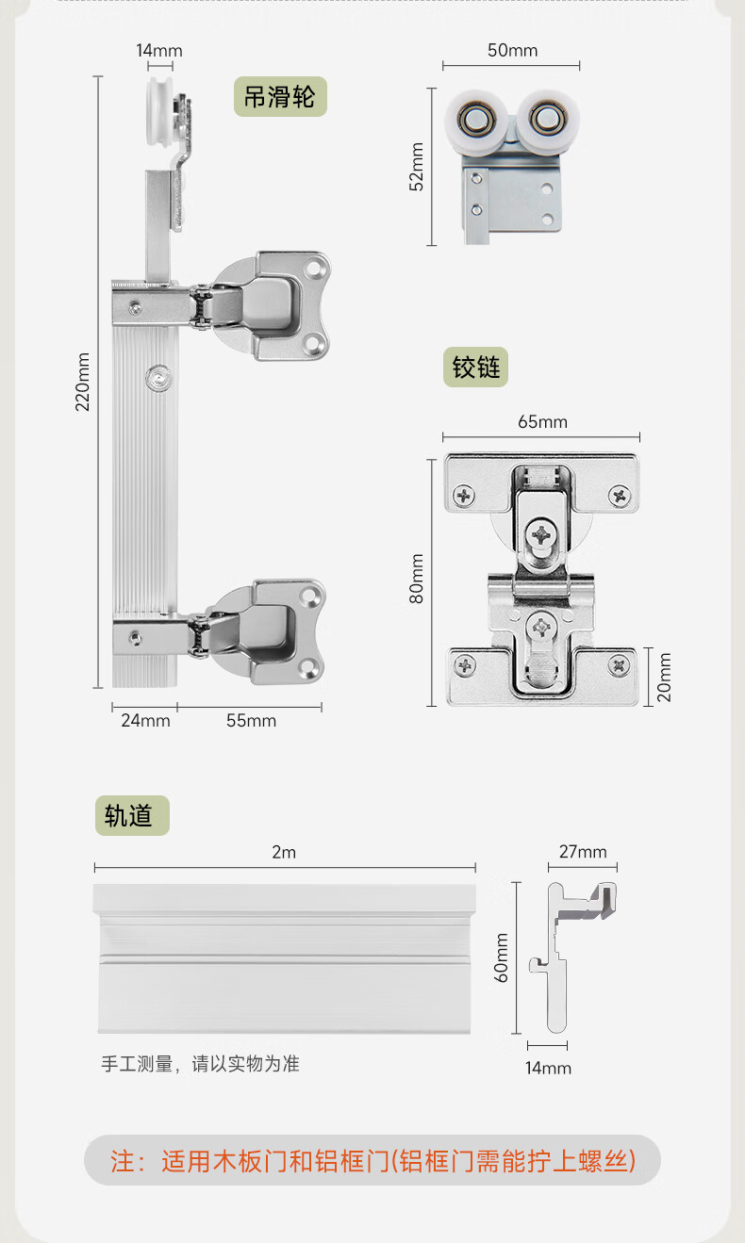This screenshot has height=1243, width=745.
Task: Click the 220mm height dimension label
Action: [x=83, y=382]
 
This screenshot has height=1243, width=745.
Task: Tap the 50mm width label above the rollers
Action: [x=512, y=51]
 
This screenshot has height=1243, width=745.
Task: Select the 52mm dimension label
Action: [x=417, y=167]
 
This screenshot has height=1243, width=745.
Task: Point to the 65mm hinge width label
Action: [x=542, y=422]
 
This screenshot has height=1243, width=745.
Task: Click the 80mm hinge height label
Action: [x=417, y=579]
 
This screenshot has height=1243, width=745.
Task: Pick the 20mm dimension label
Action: [x=664, y=677]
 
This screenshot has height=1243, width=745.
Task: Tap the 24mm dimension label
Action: [x=145, y=720]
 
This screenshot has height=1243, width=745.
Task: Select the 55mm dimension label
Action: [x=251, y=720]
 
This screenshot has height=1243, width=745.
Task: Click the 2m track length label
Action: [x=284, y=852]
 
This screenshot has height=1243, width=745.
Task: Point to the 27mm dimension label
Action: [x=583, y=852]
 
